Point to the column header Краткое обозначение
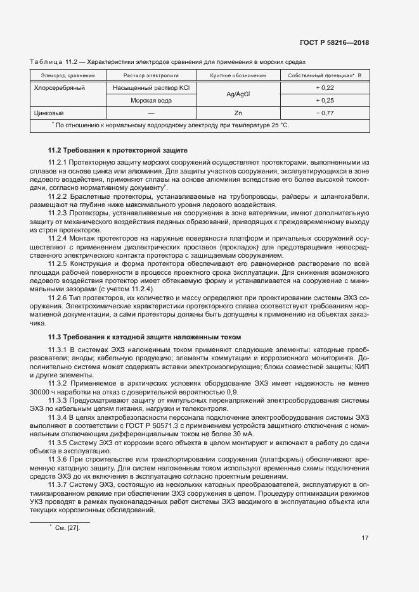238,75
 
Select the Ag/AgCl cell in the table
238,94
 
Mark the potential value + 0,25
325,100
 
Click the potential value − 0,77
325,113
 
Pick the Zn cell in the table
238,113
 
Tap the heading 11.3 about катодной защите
144,337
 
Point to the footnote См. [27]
68,510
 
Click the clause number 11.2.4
58,237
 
